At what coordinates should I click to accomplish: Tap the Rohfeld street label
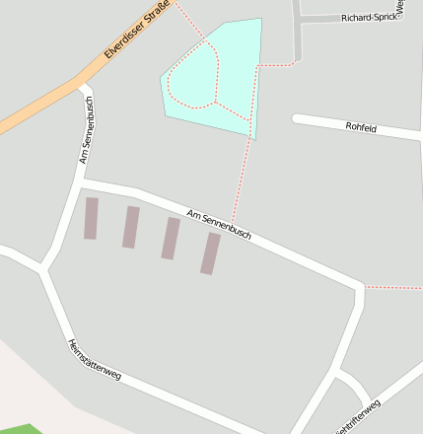(361, 127)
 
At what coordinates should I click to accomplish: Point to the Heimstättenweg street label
(94, 360)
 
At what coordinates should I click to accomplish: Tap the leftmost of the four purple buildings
(91, 218)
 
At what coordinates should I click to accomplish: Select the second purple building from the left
(130, 227)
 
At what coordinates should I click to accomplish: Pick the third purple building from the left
(171, 239)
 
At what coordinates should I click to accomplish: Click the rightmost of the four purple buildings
(210, 253)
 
